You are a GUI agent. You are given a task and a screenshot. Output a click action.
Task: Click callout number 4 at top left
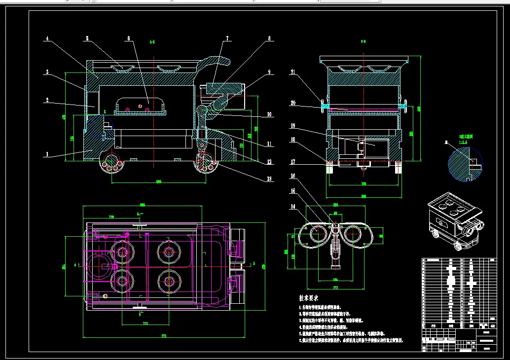[x=47, y=38]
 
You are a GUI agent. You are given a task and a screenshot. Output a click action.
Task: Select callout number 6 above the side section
[x=129, y=38]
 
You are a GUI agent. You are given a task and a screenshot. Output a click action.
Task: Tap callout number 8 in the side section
[x=269, y=38]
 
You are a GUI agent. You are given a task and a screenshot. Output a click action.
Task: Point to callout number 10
[x=269, y=114]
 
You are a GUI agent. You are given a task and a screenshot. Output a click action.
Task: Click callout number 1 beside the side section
[x=47, y=154]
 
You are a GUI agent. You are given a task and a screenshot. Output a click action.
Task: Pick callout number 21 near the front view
[x=293, y=72]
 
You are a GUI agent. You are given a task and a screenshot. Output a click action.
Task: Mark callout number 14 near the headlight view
[x=293, y=207]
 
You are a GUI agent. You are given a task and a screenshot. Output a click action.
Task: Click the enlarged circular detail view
[x=465, y=165]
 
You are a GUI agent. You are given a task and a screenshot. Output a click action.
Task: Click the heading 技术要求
[x=309, y=298]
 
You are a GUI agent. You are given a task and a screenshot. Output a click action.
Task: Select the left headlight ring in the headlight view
[x=314, y=234]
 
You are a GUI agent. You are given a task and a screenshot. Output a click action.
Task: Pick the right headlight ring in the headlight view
[x=356, y=234]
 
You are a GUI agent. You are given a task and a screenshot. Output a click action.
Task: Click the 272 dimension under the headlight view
[x=335, y=286]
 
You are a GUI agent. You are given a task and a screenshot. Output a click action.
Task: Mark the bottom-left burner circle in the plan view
[x=122, y=282]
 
